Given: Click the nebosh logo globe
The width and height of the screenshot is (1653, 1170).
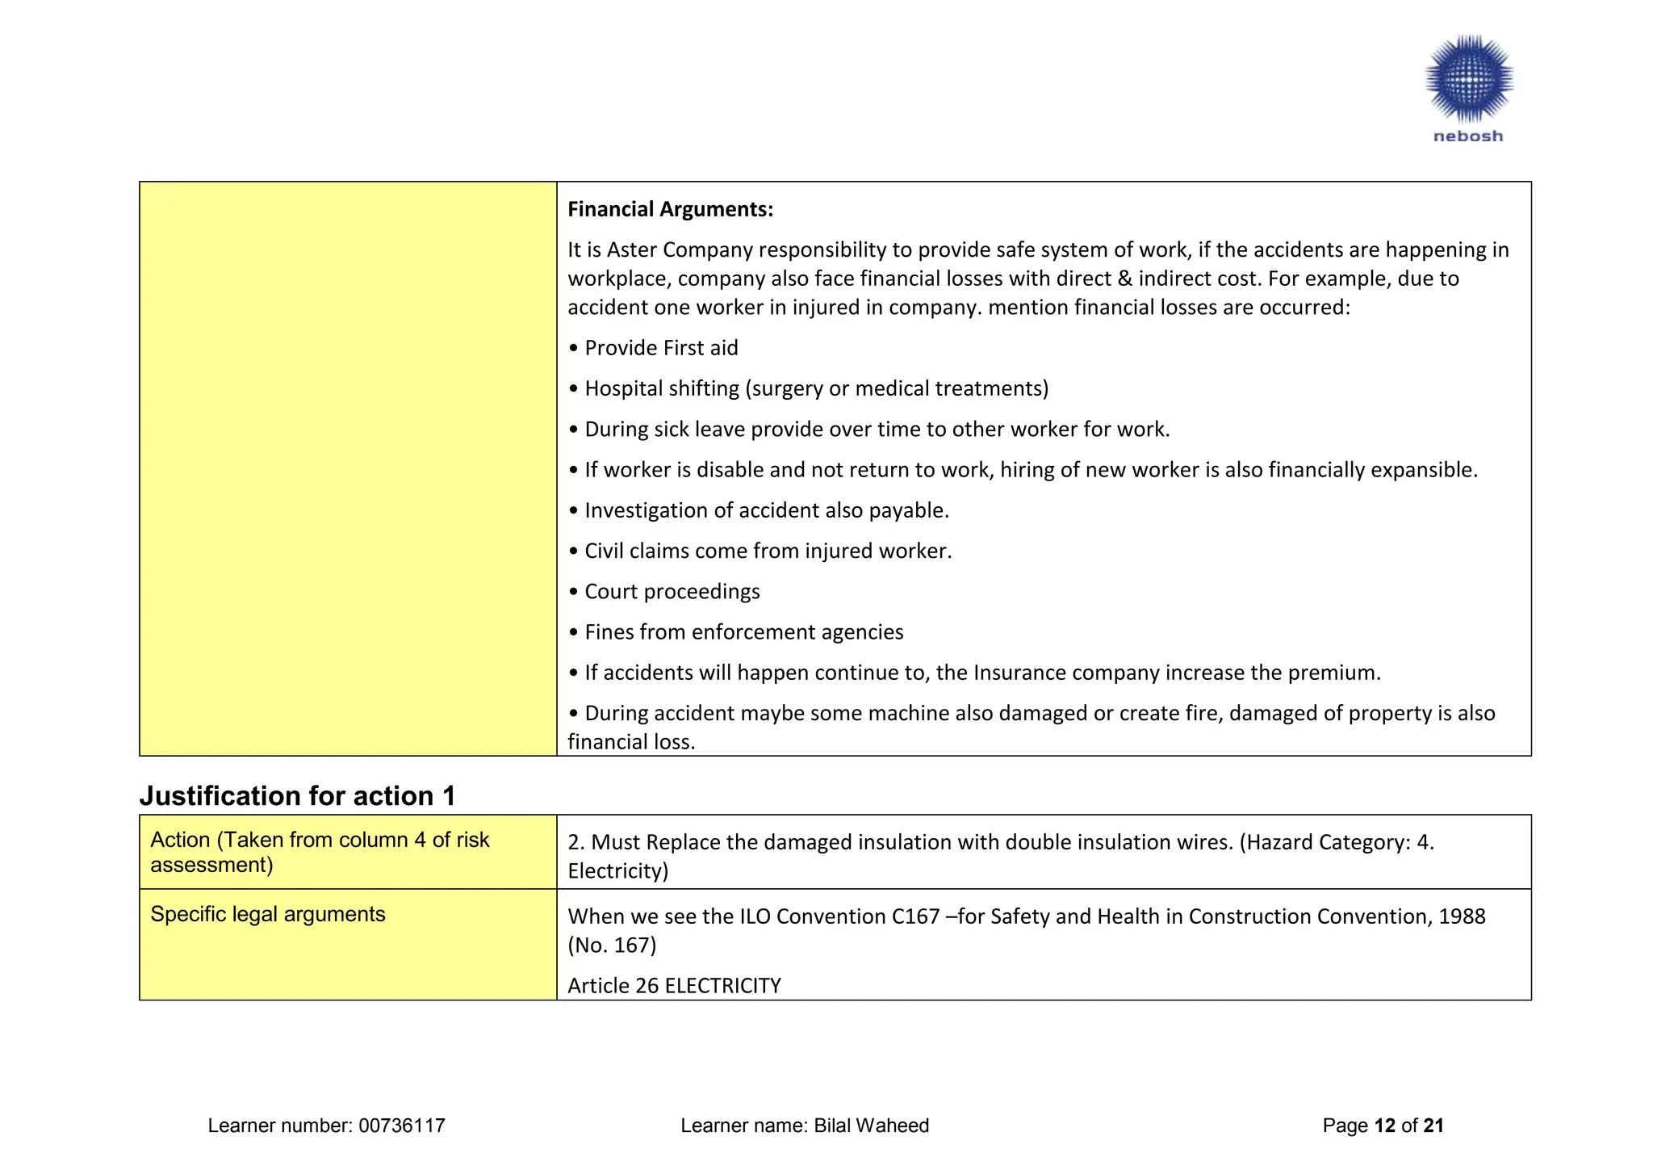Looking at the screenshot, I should coord(1468,78).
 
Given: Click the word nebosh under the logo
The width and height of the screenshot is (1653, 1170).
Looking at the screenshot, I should coord(1468,136).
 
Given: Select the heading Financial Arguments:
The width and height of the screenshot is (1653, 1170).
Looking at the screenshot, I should coord(670,209).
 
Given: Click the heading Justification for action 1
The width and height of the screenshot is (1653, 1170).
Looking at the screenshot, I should coord(297,796).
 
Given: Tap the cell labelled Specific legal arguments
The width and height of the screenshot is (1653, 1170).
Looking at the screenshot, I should coord(268,914).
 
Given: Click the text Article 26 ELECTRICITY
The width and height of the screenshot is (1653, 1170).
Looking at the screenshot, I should coord(674,986).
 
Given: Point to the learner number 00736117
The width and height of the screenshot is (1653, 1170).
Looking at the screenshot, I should coord(402,1126).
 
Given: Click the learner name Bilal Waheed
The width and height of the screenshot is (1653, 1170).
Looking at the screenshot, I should coord(871,1126).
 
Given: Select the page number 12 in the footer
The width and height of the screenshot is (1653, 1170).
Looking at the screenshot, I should coord(1384,1126).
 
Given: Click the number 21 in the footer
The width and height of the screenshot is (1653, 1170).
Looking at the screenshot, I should coord(1433,1126).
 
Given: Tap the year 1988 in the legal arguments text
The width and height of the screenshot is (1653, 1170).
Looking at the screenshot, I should coord(1462,916).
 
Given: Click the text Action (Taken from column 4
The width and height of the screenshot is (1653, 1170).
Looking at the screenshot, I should coord(320,840).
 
